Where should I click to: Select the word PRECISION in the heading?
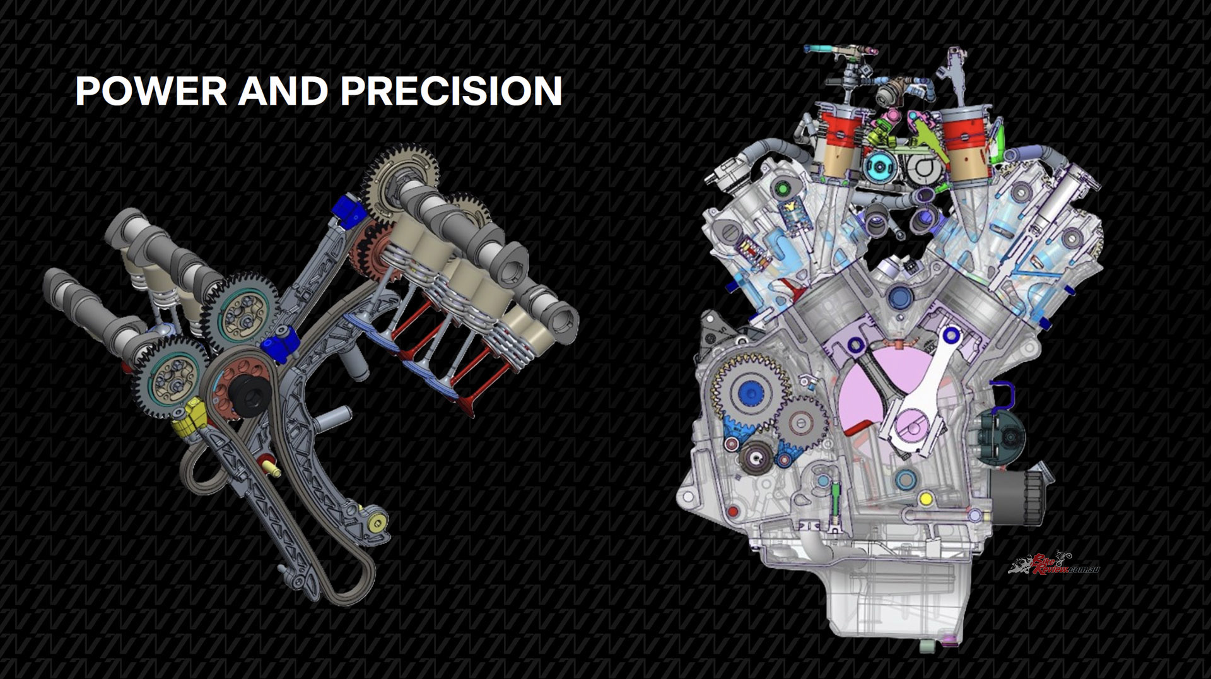pos(451,91)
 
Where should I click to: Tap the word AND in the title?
pos(284,91)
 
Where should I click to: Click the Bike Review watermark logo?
pos(1054,564)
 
